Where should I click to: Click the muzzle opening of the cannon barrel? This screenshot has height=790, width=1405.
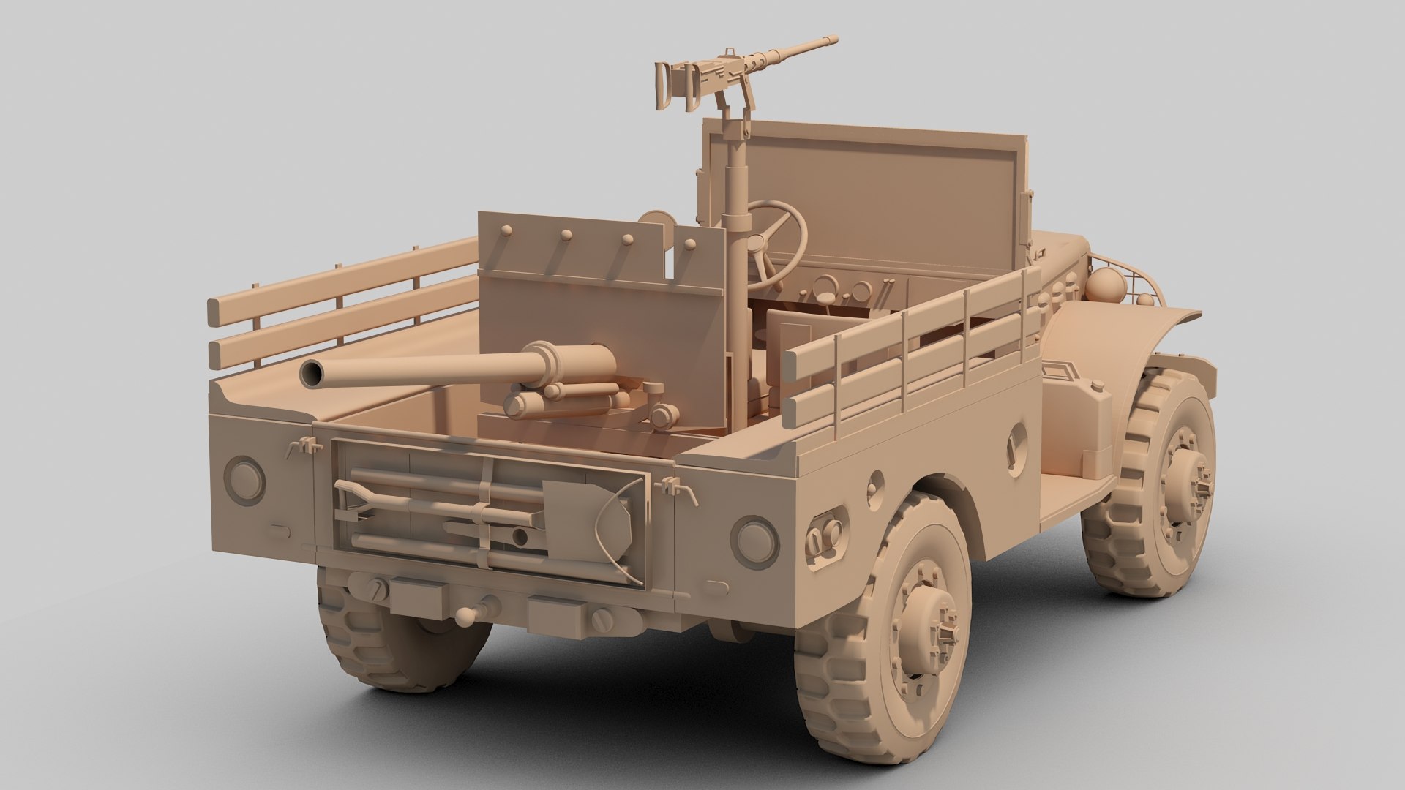(315, 372)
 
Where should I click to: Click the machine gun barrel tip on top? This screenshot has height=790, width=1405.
(833, 39)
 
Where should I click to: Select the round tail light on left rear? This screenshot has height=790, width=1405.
(244, 479)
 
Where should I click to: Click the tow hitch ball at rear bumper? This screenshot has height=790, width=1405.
(466, 617)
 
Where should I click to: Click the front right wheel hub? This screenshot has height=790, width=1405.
(1181, 484)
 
